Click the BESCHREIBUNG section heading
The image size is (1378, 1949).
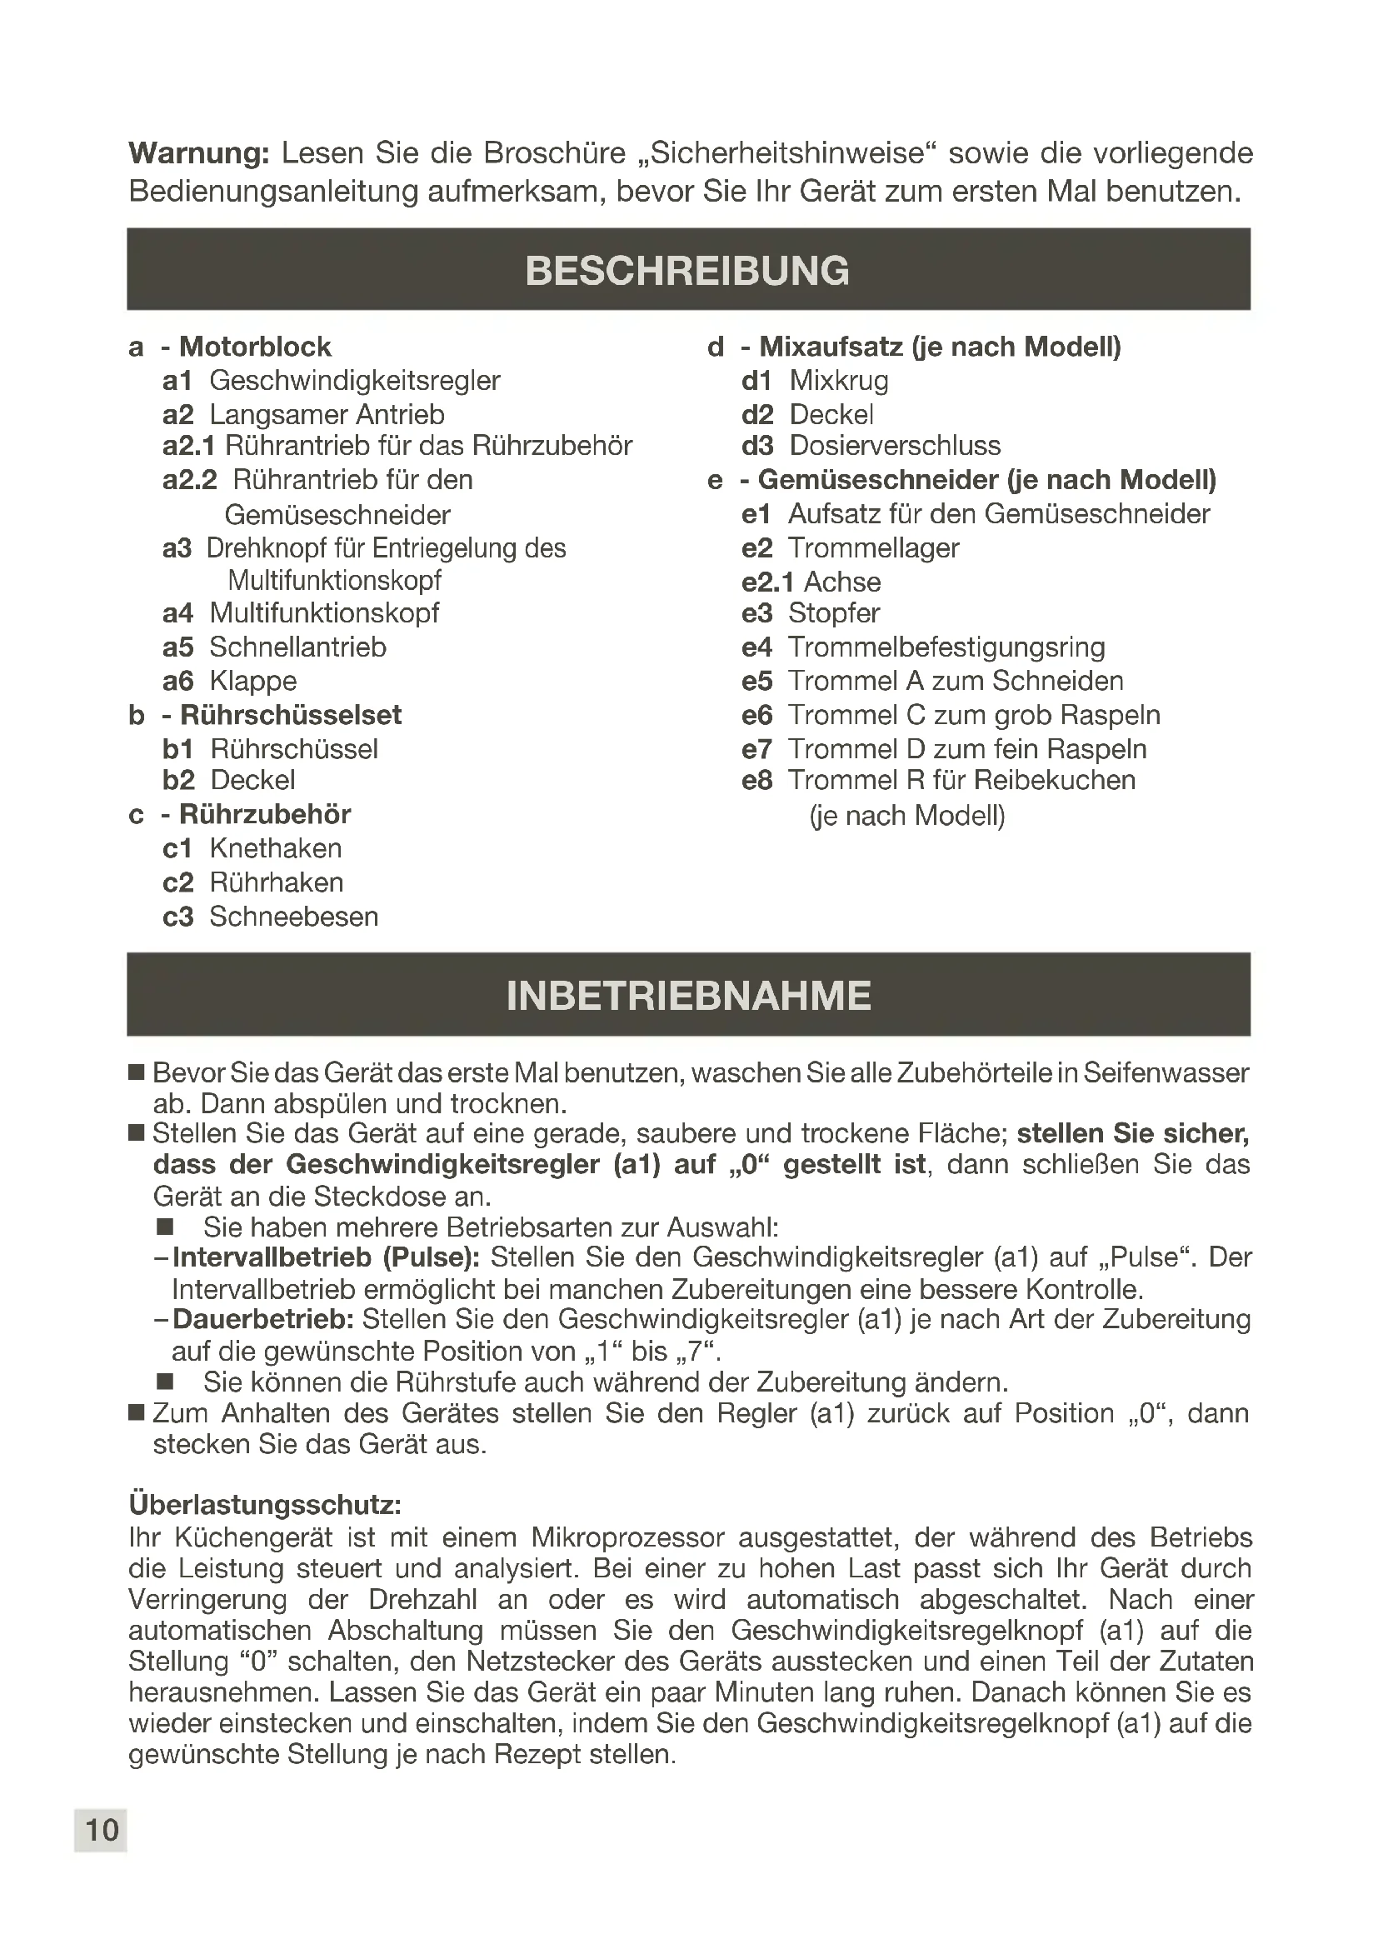(x=687, y=271)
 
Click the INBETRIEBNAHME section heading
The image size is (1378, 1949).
(x=688, y=996)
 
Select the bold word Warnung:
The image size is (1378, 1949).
(x=198, y=153)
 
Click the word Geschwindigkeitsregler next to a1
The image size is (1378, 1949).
(x=355, y=381)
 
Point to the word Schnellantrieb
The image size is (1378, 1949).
(x=297, y=647)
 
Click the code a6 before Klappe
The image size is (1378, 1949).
(x=178, y=682)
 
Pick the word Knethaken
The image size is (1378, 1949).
(x=276, y=849)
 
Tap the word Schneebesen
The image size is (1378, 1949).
(x=293, y=917)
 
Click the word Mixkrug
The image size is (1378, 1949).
(x=838, y=381)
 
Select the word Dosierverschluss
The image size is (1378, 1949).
(x=894, y=446)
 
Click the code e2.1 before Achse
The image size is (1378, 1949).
(x=767, y=582)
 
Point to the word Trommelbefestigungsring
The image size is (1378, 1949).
(x=946, y=647)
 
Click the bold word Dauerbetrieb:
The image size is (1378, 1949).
(x=263, y=1319)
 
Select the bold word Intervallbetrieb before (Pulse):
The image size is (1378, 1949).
(x=272, y=1257)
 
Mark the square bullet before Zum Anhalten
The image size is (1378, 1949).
(x=137, y=1412)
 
